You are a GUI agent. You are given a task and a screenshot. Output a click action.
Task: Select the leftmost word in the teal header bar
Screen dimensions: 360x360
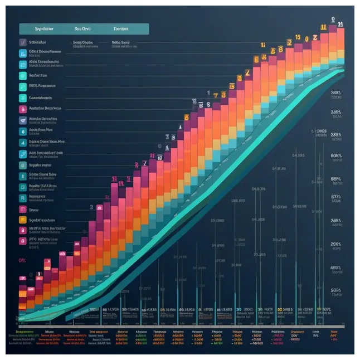point(43,28)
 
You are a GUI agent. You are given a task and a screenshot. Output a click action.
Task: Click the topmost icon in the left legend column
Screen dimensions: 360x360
point(23,42)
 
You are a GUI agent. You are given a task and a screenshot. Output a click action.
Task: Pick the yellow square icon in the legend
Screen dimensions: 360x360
point(23,220)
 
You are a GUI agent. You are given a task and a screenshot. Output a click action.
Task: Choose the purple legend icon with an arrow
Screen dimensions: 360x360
point(23,120)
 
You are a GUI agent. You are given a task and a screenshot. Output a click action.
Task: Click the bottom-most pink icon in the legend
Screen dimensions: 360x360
point(23,241)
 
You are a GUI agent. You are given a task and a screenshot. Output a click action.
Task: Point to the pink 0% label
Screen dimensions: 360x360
point(22,260)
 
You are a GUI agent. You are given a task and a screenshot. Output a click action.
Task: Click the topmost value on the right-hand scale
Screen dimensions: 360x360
point(335,93)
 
